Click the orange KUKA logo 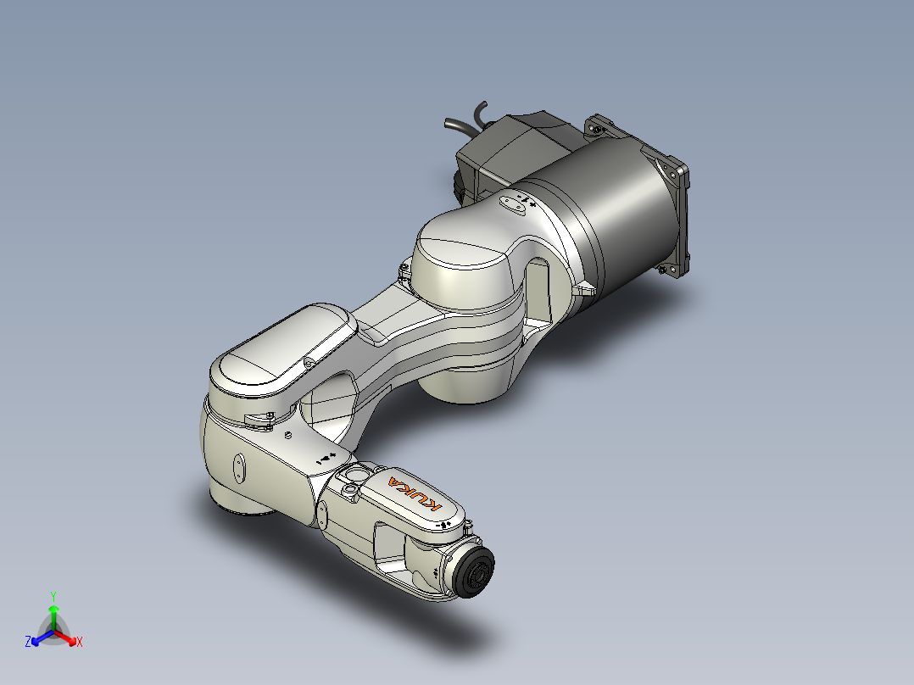[x=415, y=493]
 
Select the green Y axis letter [x=53, y=596]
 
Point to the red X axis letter [x=80, y=642]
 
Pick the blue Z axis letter [x=28, y=642]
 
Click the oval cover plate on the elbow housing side [x=239, y=469]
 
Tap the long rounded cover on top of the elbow [x=280, y=352]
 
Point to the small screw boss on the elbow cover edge [x=309, y=362]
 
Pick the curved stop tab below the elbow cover [x=257, y=418]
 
